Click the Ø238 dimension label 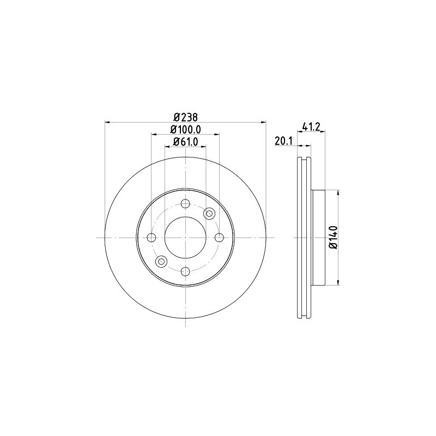(x=185, y=117)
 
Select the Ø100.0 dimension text (x=185, y=130)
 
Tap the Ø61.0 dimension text (x=185, y=142)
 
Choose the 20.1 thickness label (x=283, y=142)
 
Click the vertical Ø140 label (x=334, y=238)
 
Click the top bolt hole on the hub (x=185, y=203)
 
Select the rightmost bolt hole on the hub (x=220, y=238)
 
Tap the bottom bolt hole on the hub (x=185, y=271)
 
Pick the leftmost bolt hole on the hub (x=151, y=238)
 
